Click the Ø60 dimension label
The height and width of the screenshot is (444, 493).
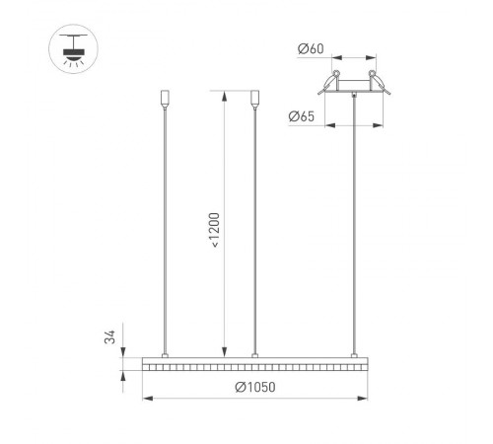click(309, 47)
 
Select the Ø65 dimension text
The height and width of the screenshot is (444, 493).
click(302, 116)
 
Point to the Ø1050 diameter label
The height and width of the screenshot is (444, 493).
click(254, 388)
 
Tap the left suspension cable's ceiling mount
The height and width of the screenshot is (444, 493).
click(164, 100)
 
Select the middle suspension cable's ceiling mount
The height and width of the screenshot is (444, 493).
click(255, 100)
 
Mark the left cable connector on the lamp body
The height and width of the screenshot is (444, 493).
click(164, 353)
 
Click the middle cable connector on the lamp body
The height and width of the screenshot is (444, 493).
click(255, 353)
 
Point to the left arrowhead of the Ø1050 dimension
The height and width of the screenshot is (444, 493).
click(148, 398)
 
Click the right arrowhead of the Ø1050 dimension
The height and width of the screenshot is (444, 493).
click(365, 398)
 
